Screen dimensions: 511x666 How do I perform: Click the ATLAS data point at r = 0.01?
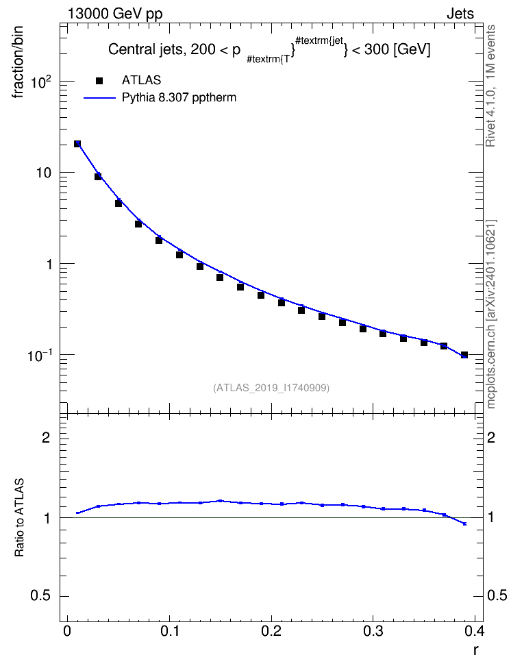(x=77, y=144)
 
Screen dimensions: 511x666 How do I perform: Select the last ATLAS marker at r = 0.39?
(x=464, y=355)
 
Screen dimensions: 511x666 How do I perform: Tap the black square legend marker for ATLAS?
(x=99, y=81)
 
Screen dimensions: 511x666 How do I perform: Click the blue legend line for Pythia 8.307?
(x=99, y=98)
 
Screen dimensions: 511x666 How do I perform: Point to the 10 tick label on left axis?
(x=44, y=173)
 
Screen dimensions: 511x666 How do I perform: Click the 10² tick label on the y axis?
(x=41, y=81)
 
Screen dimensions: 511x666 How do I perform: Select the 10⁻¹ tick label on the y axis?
(x=40, y=356)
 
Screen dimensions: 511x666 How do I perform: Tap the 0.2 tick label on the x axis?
(x=271, y=630)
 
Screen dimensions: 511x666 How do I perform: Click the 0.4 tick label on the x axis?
(x=475, y=630)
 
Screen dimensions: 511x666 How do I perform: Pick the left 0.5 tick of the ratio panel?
(x=40, y=596)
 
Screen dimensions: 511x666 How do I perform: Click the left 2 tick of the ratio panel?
(x=46, y=437)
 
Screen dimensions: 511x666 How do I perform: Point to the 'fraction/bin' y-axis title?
(x=18, y=62)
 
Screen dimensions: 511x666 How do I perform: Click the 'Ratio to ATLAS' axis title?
(x=19, y=517)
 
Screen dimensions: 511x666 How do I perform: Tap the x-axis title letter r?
(x=476, y=650)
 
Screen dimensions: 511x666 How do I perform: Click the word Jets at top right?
(x=460, y=14)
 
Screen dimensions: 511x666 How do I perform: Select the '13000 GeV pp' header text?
(x=115, y=14)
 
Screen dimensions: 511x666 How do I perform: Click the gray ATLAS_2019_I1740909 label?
(x=271, y=387)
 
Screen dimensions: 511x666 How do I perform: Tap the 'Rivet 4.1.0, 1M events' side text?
(x=490, y=86)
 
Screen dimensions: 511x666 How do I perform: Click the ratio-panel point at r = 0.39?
(x=464, y=523)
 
